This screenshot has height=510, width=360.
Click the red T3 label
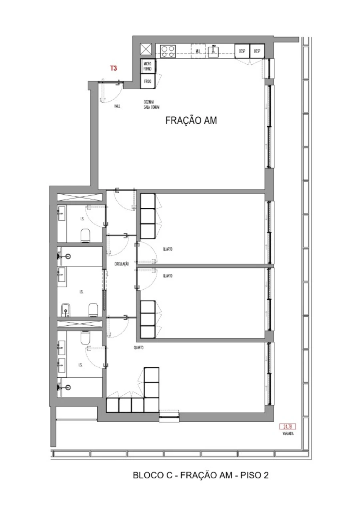click(114, 68)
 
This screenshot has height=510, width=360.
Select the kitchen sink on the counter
click(214, 50)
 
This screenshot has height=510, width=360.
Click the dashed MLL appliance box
click(198, 51)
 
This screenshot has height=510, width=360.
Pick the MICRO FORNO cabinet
click(148, 66)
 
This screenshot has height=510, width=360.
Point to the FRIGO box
click(148, 82)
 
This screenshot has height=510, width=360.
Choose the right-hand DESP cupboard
click(257, 51)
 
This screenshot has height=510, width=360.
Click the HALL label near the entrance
click(117, 106)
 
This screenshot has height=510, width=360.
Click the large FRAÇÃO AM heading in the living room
click(191, 121)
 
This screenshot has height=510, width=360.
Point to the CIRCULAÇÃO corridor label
click(122, 264)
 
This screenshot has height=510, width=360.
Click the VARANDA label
click(288, 434)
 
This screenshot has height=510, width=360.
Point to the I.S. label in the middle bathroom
click(81, 292)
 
